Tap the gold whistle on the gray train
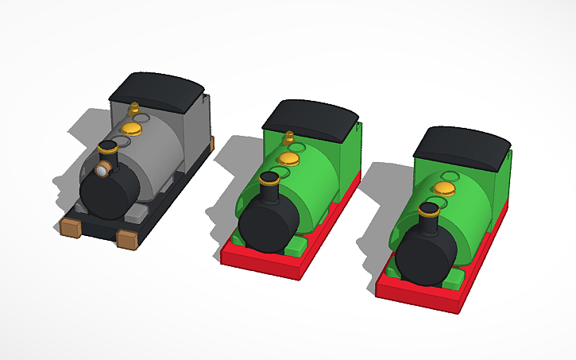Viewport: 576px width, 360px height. click(134, 107)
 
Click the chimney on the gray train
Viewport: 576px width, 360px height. click(107, 151)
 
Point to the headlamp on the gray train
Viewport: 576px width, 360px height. click(102, 169)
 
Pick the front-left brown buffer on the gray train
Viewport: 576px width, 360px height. click(70, 228)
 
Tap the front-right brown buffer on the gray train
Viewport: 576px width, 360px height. click(126, 238)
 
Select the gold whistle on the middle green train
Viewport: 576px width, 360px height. click(288, 137)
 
